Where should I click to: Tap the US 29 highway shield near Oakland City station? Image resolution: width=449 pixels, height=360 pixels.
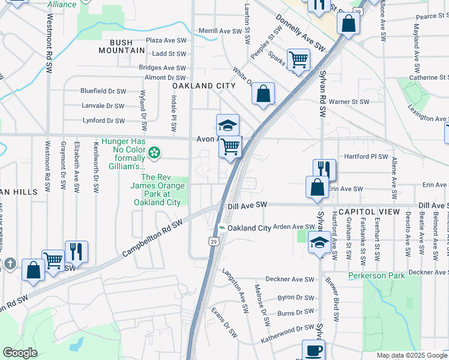pos(213,241)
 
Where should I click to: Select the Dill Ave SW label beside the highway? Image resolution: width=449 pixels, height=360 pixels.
pos(247,205)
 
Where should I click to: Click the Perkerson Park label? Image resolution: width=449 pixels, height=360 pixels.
pos(376,276)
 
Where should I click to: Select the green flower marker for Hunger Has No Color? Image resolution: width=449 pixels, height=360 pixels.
pos(155,153)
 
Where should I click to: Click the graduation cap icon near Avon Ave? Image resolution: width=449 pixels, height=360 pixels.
pos(228,125)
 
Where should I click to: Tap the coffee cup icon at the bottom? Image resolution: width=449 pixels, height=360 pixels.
pos(313,350)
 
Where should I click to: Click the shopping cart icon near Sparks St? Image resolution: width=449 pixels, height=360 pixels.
pos(298,59)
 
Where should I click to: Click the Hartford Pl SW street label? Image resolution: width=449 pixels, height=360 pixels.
pos(366,157)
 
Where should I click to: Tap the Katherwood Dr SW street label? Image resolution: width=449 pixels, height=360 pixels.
pos(287,335)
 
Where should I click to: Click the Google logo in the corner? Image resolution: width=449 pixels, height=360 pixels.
pos(20,353)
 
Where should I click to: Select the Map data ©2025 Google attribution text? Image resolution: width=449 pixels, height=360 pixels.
pos(411,355)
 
